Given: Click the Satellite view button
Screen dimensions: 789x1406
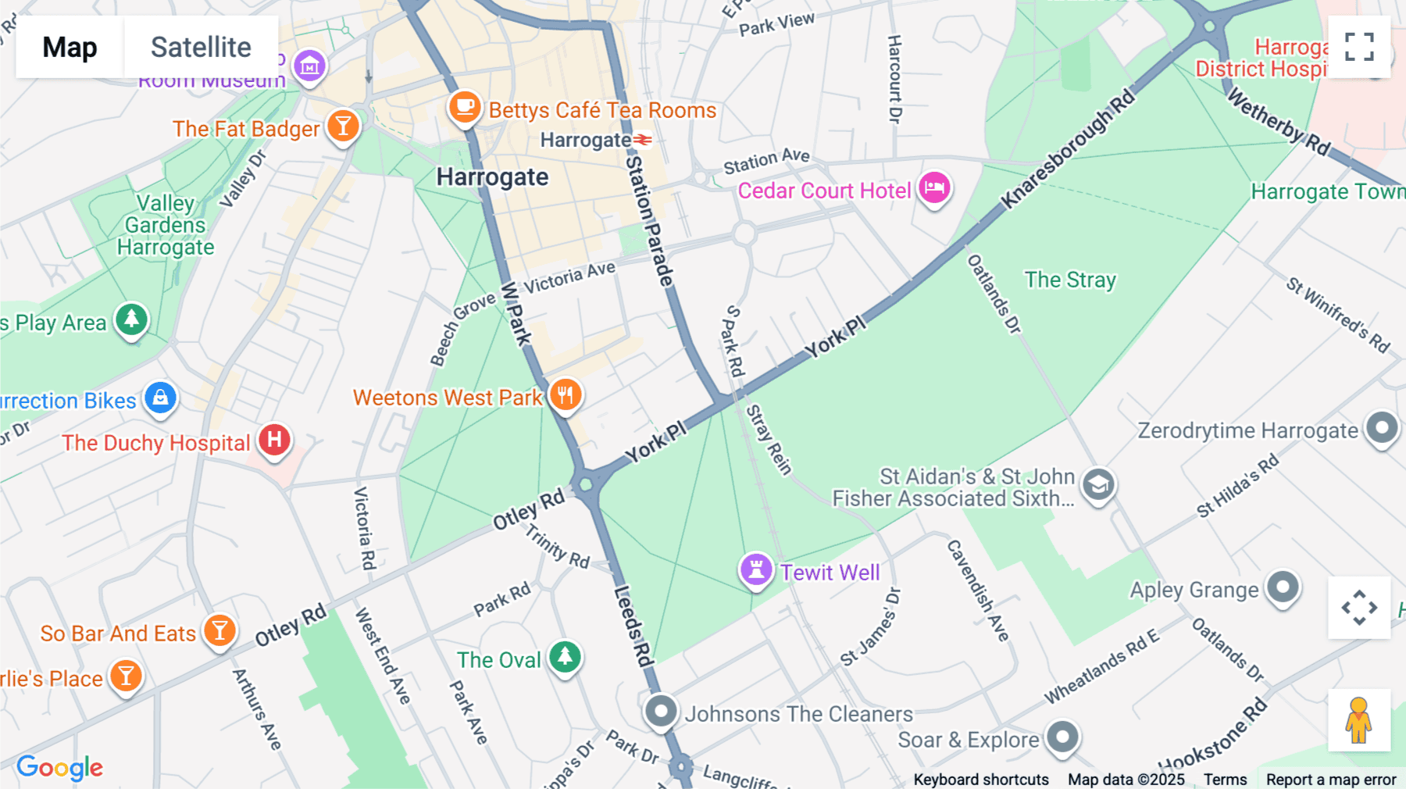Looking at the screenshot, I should [201, 47].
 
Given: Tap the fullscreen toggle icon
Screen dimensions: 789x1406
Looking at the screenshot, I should [1359, 47].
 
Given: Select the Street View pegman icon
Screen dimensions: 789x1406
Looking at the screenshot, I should [1358, 719].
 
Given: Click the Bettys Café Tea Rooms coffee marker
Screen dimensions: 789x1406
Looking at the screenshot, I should [464, 106].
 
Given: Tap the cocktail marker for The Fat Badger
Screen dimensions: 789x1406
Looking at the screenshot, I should [343, 125].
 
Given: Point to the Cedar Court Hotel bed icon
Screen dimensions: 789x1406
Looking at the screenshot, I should [934, 187].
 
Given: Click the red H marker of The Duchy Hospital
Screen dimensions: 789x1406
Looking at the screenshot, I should [274, 440].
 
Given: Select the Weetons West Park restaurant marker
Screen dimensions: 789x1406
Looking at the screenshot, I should [566, 394].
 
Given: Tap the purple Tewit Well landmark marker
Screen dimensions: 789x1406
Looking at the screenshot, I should [755, 569].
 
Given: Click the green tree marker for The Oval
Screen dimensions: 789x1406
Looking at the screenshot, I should [565, 657].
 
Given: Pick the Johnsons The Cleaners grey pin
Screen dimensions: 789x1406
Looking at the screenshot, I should [661, 712].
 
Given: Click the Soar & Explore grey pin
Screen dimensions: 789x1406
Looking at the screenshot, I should [1062, 736].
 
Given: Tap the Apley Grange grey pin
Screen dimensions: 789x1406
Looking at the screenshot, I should [1283, 587].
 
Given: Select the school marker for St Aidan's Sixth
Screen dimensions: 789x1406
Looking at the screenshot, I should [1098, 485].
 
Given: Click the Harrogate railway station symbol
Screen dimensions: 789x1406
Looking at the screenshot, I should [643, 140].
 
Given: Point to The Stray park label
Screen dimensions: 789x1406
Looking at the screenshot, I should [1069, 280].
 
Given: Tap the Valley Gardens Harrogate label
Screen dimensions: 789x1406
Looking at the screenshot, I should [166, 225].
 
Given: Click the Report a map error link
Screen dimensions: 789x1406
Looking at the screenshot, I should [1330, 779].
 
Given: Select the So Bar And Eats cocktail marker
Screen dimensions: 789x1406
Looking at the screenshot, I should [219, 630].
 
